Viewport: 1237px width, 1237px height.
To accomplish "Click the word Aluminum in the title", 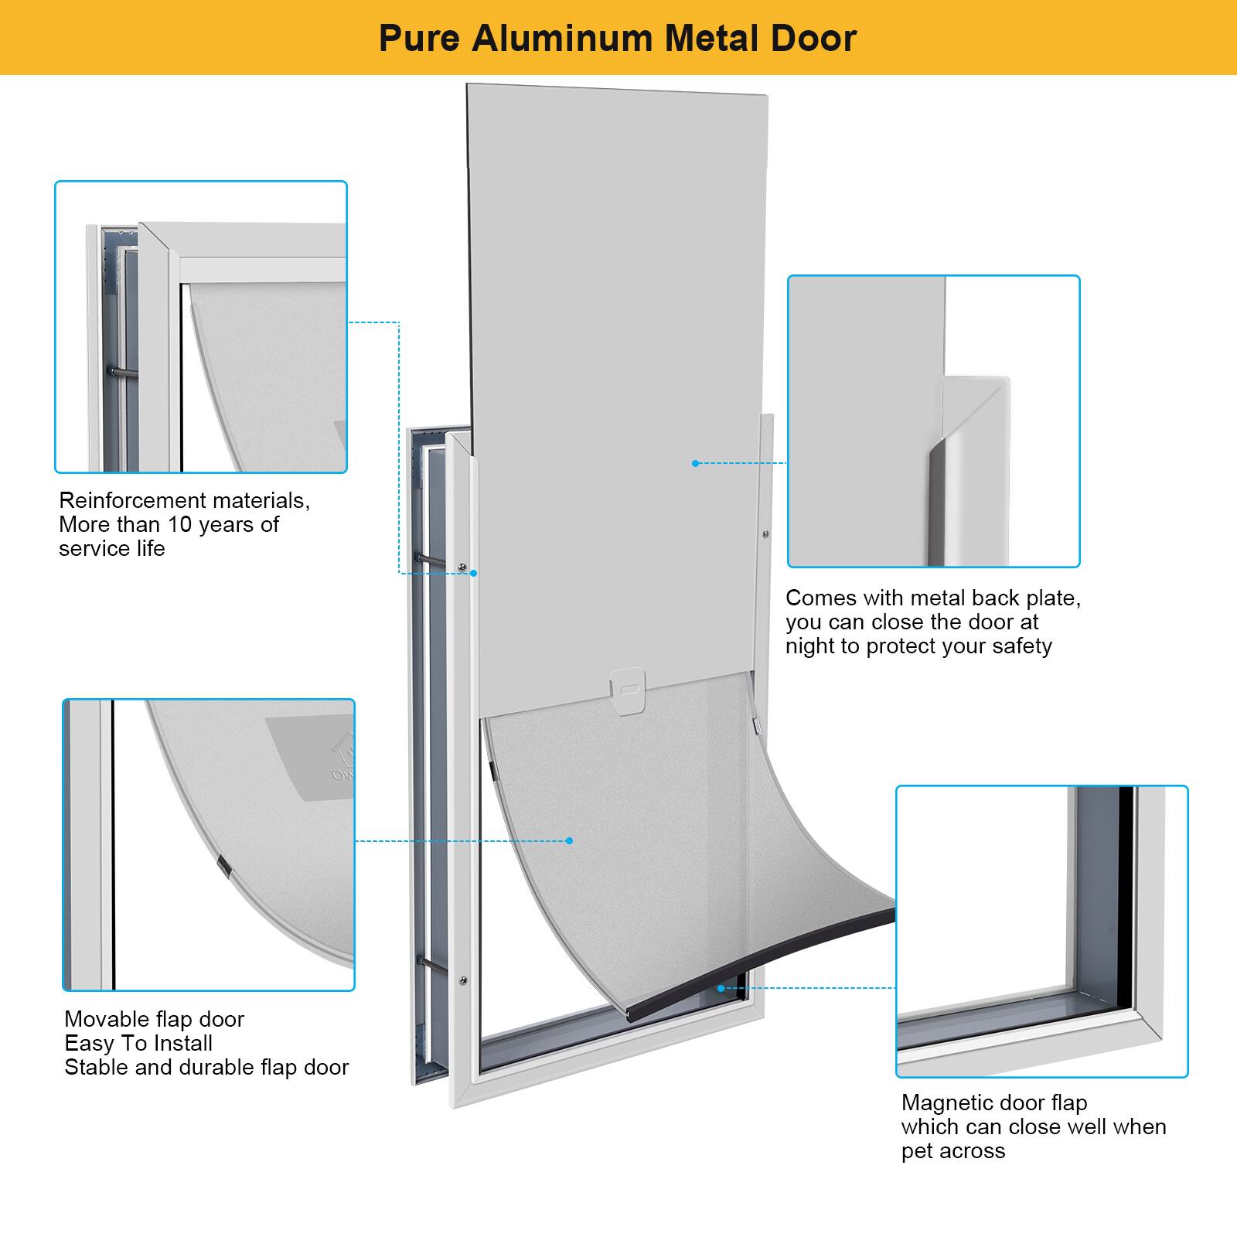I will (x=563, y=38).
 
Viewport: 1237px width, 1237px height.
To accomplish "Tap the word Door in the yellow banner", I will (x=817, y=38).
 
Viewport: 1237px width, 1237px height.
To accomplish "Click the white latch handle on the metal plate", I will (x=627, y=687).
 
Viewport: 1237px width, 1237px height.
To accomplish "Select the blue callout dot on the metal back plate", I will (x=695, y=463).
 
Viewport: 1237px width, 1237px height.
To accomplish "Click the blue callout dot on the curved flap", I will (x=570, y=840).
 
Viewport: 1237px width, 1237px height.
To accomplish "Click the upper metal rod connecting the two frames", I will (x=429, y=560).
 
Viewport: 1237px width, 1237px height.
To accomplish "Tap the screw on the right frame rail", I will (x=765, y=533).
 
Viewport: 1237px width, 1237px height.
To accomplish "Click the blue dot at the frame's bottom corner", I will (x=721, y=988).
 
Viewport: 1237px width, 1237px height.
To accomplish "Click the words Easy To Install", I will (x=138, y=1043).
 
